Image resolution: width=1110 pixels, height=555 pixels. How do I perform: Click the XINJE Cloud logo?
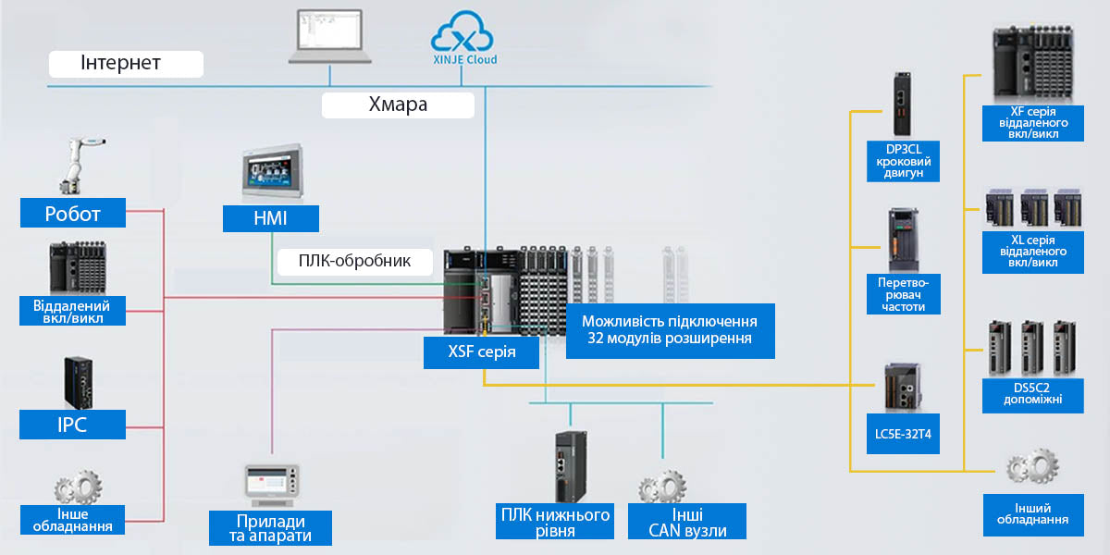[462, 37]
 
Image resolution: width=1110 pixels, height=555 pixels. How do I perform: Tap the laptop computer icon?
[330, 37]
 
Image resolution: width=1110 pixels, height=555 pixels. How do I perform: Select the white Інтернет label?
[126, 64]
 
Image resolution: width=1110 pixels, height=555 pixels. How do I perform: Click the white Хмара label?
[398, 105]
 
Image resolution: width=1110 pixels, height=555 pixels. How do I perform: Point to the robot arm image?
[81, 166]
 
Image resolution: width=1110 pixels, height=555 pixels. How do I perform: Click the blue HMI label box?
[270, 218]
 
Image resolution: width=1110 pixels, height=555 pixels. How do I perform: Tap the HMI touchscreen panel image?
[272, 171]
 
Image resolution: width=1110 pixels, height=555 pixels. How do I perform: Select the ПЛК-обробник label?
[355, 262]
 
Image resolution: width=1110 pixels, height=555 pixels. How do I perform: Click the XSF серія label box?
[481, 352]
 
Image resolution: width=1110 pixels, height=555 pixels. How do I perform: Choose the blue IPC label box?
[72, 425]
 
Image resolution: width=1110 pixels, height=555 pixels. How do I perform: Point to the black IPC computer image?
[79, 383]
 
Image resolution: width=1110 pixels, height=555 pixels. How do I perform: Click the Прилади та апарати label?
[270, 528]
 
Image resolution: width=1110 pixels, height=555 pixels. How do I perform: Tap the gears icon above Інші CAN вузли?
[662, 487]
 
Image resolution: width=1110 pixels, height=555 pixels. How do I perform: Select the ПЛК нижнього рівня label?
[555, 522]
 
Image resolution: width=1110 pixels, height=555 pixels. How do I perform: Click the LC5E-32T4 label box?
[903, 434]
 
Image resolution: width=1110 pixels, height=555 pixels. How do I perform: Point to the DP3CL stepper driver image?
[903, 104]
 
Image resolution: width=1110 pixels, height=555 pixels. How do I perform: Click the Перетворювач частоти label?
[904, 294]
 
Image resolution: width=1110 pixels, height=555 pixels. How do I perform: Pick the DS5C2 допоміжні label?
[1032, 394]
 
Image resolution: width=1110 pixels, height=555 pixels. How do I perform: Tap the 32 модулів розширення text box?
[670, 330]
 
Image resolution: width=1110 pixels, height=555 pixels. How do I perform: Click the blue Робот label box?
[73, 213]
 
